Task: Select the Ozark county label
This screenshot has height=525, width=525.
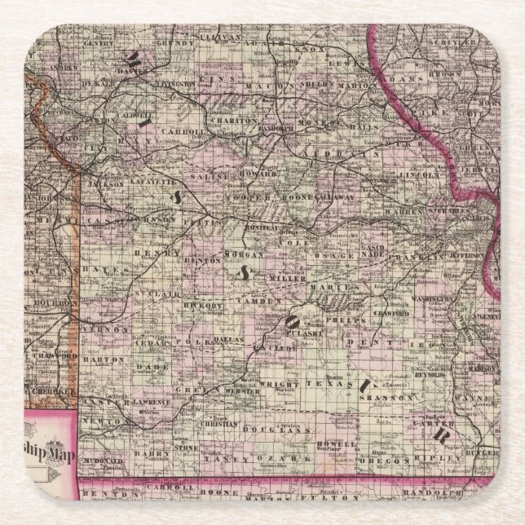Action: pyautogui.click(x=271, y=461)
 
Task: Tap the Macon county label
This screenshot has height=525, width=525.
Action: pyautogui.click(x=277, y=85)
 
